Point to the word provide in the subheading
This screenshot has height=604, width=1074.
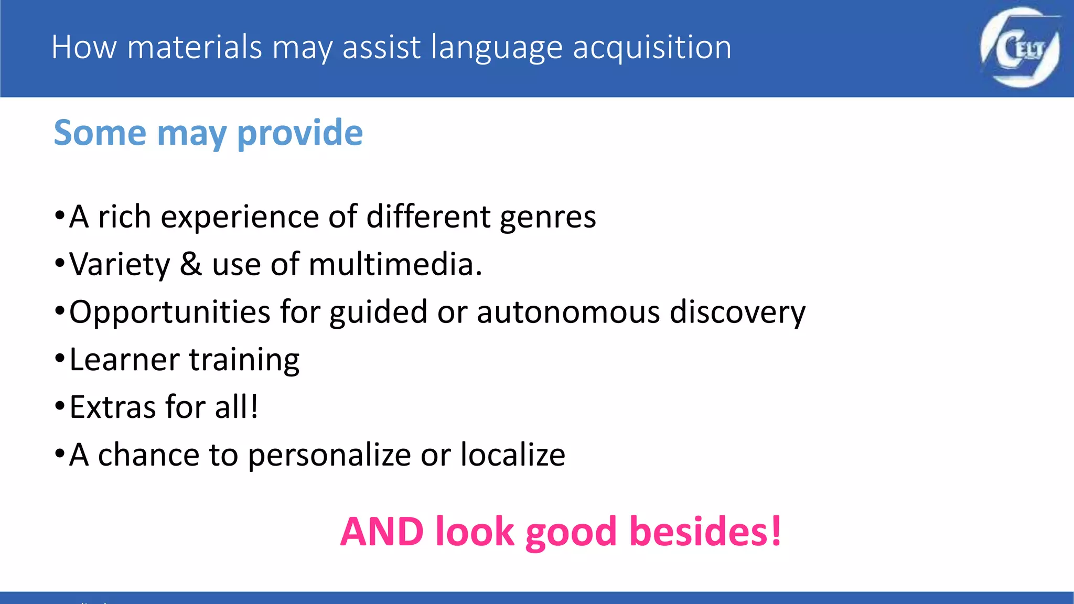click(x=299, y=134)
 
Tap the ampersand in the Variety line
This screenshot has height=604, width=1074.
click(x=191, y=264)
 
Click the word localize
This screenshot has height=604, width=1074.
click(x=512, y=455)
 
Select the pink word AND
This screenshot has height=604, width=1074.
click(x=382, y=532)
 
